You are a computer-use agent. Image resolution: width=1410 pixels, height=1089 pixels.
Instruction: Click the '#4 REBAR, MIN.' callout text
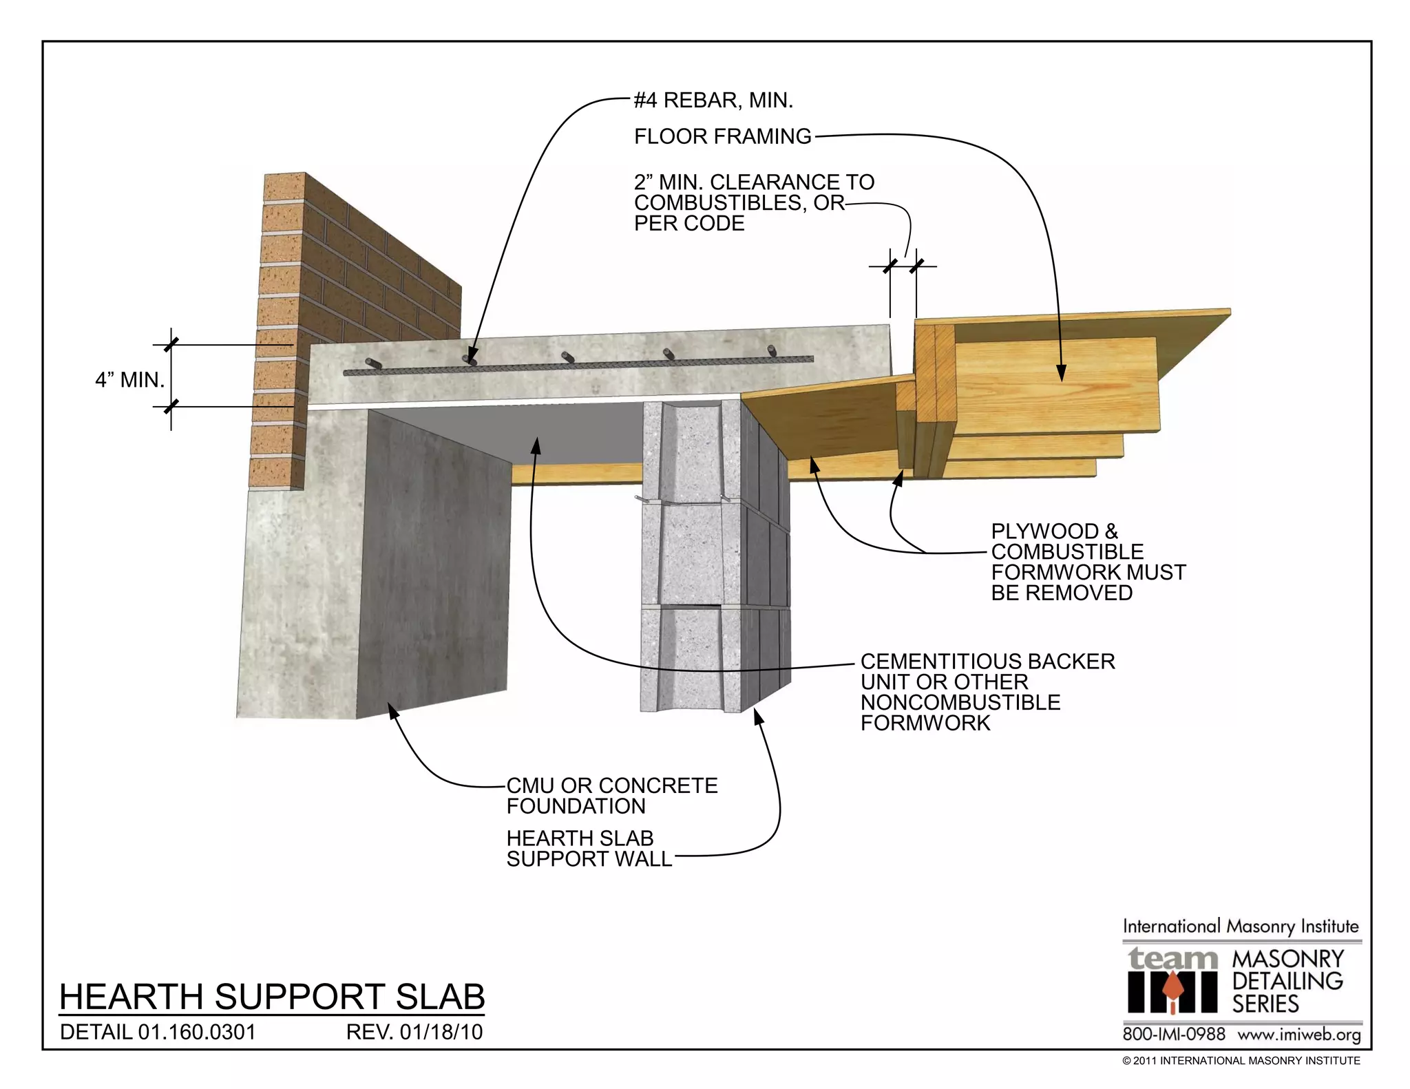coord(713,101)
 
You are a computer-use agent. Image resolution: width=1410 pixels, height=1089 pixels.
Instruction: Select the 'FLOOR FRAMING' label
coord(722,136)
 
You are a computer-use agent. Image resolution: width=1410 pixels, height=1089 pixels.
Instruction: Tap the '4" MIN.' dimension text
coord(129,379)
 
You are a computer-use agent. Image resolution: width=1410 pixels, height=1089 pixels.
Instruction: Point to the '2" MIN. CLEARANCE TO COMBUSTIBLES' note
coord(753,202)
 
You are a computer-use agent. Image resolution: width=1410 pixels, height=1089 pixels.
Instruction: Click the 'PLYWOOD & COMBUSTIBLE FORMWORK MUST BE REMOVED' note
coord(1088,562)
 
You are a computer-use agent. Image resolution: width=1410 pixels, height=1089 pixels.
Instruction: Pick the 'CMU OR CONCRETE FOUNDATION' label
coord(611,796)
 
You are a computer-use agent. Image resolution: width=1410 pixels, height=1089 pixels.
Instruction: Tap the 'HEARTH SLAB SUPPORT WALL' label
coord(589,849)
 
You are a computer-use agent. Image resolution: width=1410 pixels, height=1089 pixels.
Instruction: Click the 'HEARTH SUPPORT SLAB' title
coord(272,997)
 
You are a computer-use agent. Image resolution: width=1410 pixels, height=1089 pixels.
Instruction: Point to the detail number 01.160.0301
coord(158,1033)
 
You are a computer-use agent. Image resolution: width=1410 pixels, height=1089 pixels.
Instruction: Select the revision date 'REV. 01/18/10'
coord(414,1033)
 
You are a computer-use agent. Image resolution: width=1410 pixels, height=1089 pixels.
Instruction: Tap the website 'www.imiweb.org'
coord(1299,1035)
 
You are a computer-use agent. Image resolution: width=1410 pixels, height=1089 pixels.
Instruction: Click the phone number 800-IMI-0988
coord(1174,1035)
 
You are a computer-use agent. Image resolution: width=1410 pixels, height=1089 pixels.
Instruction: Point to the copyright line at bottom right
coord(1241,1061)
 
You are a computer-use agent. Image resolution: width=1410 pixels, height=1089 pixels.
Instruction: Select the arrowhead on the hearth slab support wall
coord(758,716)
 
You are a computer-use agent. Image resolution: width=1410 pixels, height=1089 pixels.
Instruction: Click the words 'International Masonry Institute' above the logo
coord(1241,927)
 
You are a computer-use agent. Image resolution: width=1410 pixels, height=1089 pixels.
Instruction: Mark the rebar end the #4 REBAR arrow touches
coord(470,359)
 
